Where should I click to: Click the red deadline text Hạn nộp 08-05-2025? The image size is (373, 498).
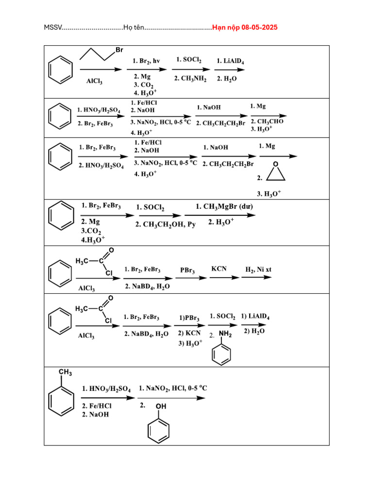click(245, 28)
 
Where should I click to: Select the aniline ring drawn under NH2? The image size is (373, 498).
click(222, 354)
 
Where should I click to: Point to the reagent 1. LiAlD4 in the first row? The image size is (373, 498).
click(230, 61)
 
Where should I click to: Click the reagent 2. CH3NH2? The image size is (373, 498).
click(190, 78)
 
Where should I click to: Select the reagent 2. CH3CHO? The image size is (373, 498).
click(267, 122)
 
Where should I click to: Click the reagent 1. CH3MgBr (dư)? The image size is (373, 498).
click(224, 207)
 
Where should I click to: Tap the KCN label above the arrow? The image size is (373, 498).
click(219, 268)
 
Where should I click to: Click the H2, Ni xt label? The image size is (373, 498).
click(258, 269)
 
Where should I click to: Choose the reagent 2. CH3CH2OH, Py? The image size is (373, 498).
click(166, 224)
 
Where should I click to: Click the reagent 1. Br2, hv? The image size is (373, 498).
click(147, 61)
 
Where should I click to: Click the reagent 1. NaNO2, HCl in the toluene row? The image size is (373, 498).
click(173, 388)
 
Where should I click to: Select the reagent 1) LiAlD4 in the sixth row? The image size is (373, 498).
click(255, 317)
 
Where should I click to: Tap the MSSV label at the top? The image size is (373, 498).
click(52, 28)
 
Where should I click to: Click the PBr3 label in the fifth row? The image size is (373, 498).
click(187, 270)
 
